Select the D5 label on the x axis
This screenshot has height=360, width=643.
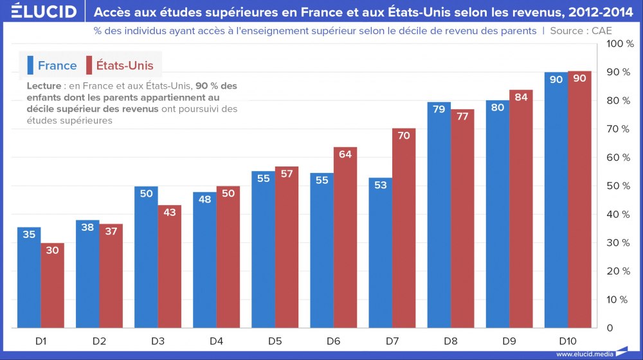tap(275, 339)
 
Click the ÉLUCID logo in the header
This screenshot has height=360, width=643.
tap(39, 12)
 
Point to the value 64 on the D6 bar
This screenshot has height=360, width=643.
tap(345, 154)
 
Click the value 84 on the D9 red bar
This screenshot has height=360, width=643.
tap(521, 98)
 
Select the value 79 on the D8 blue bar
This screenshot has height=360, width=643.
tap(439, 109)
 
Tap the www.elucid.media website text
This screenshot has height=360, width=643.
tap(583, 354)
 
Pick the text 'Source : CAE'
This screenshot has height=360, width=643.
tap(581, 31)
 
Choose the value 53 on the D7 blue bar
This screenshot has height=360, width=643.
tap(380, 186)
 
